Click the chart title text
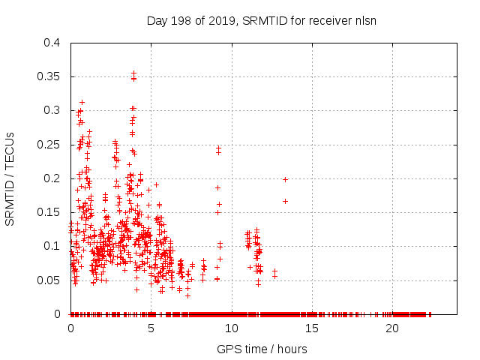[262, 20]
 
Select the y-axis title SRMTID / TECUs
[10, 178]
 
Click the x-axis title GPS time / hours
[262, 349]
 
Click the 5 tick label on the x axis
[151, 328]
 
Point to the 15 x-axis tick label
[311, 328]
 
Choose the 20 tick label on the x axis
[391, 328]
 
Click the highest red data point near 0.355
[133, 73]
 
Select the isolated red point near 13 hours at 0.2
[285, 179]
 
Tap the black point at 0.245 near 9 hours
[218, 148]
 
